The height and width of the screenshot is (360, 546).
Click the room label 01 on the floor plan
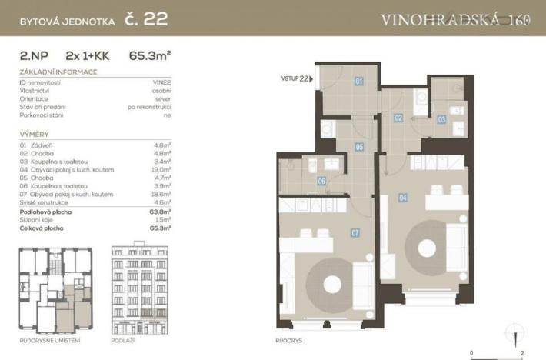tap(358, 80)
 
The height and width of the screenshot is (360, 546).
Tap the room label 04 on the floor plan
tap(403, 198)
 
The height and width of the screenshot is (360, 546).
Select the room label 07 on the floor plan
tap(355, 232)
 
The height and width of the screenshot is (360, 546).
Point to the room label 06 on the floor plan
tap(321, 182)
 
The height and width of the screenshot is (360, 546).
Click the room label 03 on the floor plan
tap(441, 119)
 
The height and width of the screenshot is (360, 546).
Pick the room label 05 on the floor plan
tap(359, 146)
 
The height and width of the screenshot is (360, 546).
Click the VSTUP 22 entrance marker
tap(297, 78)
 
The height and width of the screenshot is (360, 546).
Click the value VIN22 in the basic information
tap(161, 81)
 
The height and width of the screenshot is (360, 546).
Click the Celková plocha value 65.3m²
tap(161, 228)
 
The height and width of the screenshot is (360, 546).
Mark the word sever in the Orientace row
tap(164, 98)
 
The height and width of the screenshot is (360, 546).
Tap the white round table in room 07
tap(332, 285)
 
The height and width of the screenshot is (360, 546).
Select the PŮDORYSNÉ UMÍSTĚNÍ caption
tap(49, 340)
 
